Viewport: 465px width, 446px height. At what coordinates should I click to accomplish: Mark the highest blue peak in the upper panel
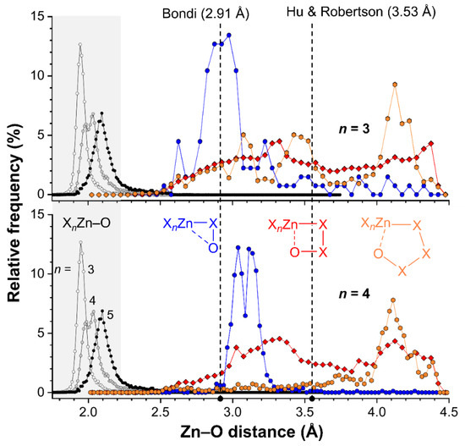(x=228, y=36)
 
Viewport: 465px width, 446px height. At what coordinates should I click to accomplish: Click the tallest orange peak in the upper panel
(x=395, y=85)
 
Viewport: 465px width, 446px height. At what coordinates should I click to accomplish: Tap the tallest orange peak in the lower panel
(x=393, y=300)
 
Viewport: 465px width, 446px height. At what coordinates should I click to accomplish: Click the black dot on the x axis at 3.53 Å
(x=312, y=398)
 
